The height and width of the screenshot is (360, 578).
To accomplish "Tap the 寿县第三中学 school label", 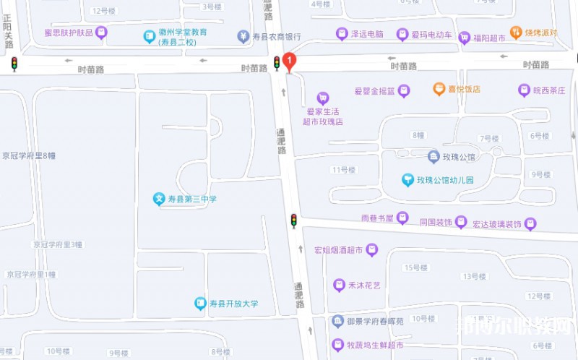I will point(191,199).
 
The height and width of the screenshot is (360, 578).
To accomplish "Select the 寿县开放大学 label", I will point(233,304).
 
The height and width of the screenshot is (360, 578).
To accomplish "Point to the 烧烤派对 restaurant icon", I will point(516,32).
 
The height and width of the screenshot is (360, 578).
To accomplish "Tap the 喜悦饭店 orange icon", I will point(439,89).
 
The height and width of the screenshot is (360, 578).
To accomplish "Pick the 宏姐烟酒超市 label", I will point(338,250).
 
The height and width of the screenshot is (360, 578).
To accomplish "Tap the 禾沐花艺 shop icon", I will point(339,285).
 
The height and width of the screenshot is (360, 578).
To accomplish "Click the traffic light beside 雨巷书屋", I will point(293,220).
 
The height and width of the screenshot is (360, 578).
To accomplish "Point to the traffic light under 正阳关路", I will point(14,64).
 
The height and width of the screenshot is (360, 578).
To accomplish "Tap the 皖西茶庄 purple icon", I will point(524,90).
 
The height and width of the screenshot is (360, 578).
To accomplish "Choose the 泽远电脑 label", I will point(366,33).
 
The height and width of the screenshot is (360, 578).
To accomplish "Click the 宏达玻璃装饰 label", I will point(496,224).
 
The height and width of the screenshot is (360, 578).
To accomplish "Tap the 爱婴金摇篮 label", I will point(374,91).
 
